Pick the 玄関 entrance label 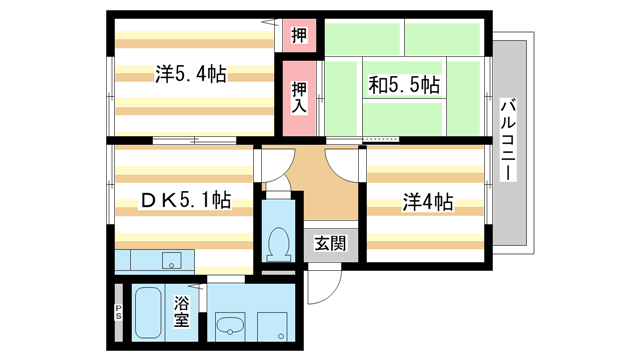[329, 242]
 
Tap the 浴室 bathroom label [182, 313]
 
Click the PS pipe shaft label [118, 312]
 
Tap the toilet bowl [277, 241]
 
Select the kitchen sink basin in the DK [170, 262]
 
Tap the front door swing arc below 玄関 [322, 289]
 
